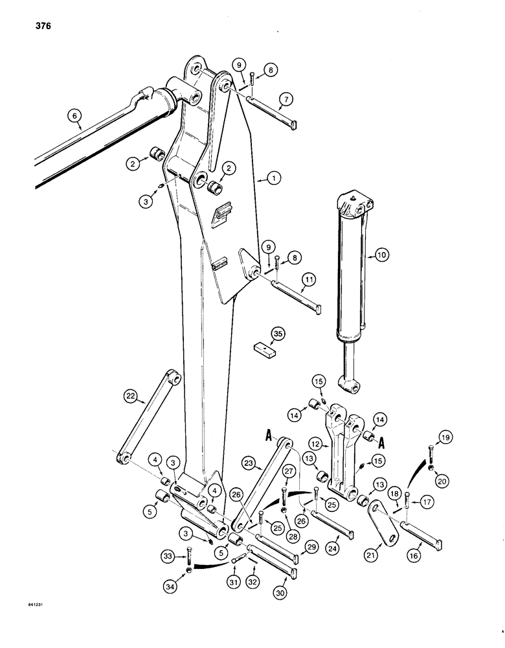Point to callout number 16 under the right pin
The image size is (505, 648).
tap(414, 553)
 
